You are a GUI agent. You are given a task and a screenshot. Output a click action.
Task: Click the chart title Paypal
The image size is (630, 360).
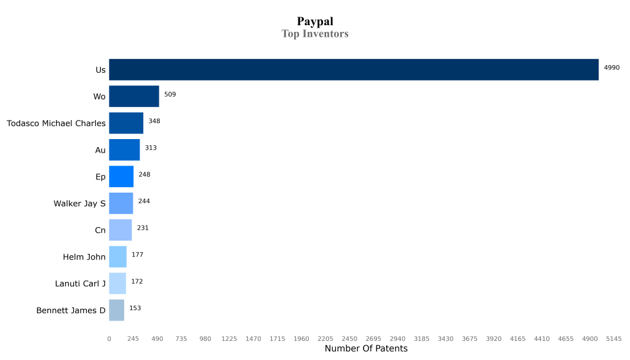[x=315, y=22]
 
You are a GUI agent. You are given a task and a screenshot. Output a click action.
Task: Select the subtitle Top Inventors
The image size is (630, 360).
[x=315, y=34]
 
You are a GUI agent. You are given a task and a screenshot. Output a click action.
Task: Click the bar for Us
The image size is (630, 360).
[x=354, y=70]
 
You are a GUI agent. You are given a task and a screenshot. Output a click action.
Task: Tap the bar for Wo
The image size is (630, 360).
[x=134, y=97]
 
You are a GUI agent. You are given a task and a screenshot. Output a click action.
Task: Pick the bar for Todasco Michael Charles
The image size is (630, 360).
[x=126, y=123]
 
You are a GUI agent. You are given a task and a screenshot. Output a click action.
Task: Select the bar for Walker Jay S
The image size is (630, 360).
[x=121, y=203]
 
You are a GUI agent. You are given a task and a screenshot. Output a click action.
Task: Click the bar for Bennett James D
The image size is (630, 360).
[x=116, y=310]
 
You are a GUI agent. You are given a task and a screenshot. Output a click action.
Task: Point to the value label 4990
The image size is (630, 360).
[x=612, y=68]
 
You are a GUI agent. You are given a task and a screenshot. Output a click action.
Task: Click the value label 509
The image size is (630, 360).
[x=170, y=94]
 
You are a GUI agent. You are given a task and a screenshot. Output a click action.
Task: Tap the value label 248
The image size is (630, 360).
[x=145, y=175]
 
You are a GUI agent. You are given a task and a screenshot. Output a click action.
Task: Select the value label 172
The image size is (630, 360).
[x=137, y=281]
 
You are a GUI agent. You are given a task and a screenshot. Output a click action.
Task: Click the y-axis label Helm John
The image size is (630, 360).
[x=84, y=257]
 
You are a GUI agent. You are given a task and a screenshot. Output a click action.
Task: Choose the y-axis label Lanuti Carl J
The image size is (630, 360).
[x=80, y=284]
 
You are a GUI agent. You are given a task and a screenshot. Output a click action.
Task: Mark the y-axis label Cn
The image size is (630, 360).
[x=100, y=230]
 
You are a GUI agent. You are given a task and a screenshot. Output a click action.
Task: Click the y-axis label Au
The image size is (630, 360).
[x=100, y=150]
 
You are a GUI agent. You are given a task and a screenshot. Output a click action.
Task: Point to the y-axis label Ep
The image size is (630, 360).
[x=100, y=177]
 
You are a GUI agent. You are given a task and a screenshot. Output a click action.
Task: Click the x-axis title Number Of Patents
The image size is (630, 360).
[x=365, y=349]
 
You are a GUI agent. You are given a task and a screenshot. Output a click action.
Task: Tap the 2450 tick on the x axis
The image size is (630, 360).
[x=349, y=338]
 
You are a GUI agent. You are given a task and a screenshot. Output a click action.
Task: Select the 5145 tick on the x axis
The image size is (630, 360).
[x=613, y=338]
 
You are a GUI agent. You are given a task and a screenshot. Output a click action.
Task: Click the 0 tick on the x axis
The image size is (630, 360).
[x=109, y=338]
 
